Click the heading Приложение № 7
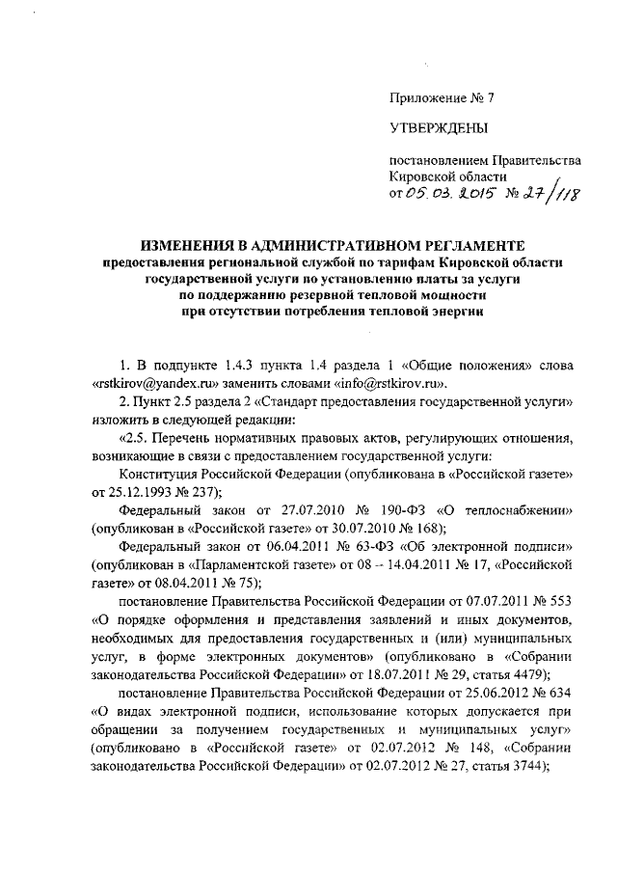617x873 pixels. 427,97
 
